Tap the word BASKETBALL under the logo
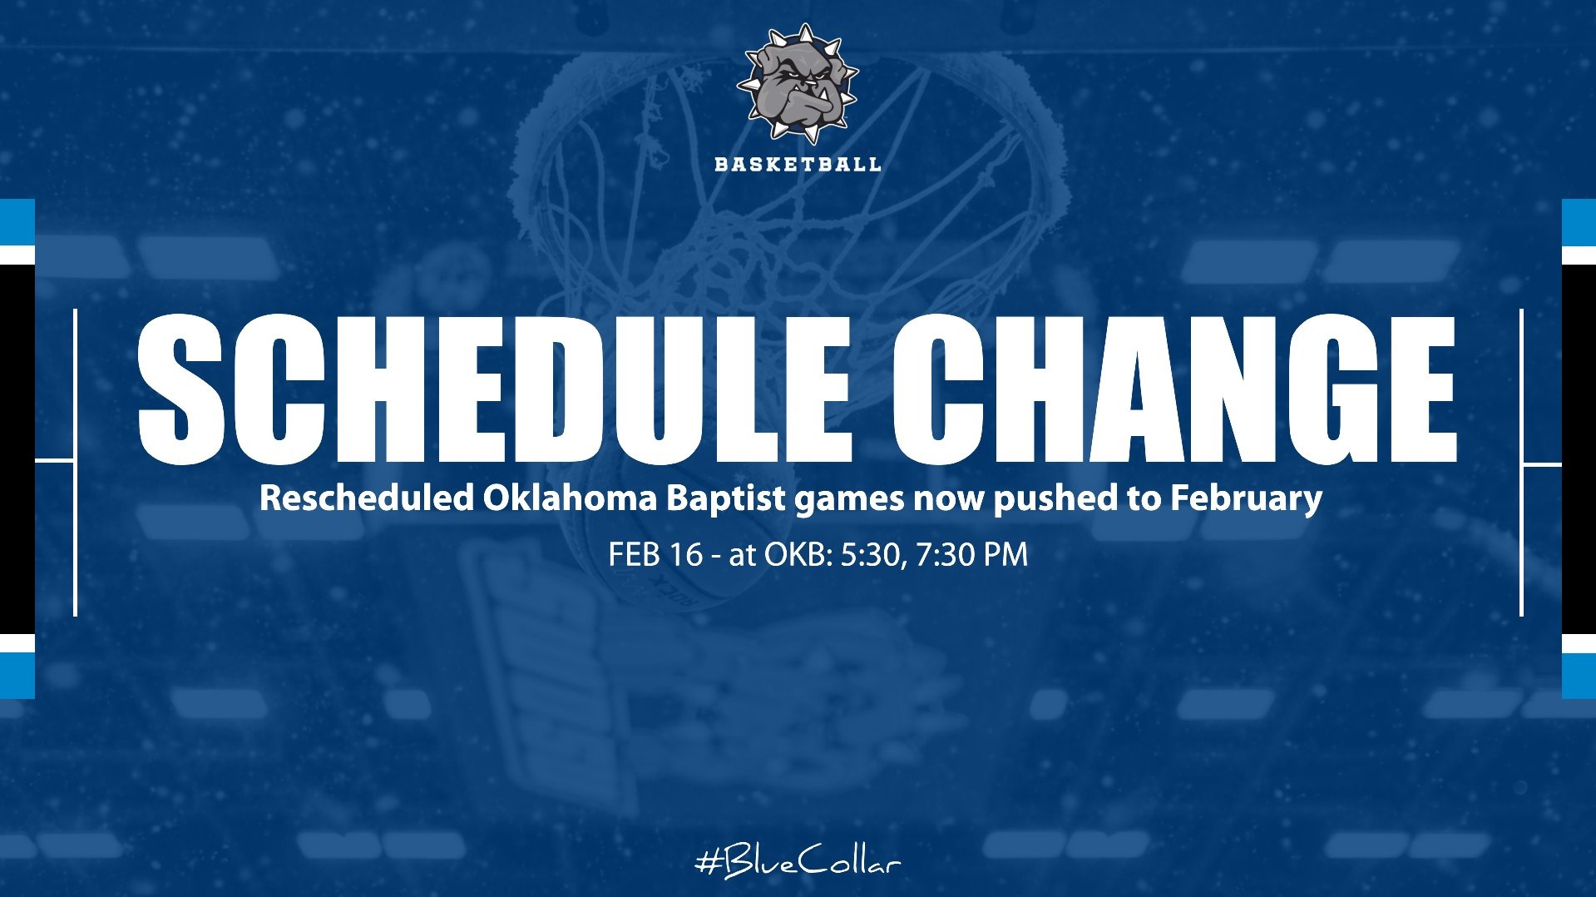(x=797, y=164)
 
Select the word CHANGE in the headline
(x=1174, y=389)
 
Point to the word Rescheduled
(x=366, y=498)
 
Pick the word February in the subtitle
(x=1246, y=498)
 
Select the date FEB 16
(x=655, y=554)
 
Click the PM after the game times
(x=1006, y=554)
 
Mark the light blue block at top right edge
(x=1579, y=221)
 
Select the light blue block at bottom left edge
(x=17, y=675)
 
